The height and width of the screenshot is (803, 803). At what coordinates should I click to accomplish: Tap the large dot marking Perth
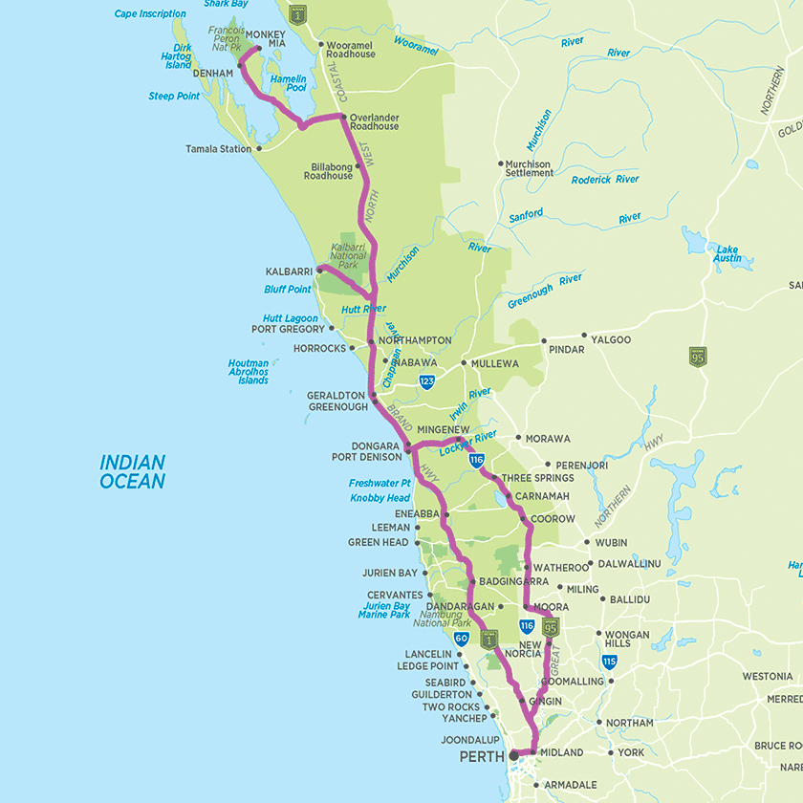(513, 755)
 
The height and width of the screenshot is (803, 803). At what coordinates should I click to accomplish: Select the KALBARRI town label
(289, 271)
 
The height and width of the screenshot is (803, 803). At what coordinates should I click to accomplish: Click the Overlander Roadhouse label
(374, 121)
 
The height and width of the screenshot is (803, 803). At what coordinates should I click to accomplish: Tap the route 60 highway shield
(461, 638)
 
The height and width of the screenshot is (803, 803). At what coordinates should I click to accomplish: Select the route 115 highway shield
(609, 662)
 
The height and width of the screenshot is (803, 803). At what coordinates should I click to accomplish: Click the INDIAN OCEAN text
(133, 472)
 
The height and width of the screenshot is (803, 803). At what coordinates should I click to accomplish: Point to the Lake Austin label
(727, 252)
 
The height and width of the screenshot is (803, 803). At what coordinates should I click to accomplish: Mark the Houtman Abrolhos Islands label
(248, 372)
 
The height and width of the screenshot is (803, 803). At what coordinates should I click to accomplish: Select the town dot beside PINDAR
(543, 340)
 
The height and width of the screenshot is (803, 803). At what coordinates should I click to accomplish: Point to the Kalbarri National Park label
(348, 255)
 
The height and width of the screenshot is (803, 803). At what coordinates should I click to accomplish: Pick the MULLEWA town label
(494, 363)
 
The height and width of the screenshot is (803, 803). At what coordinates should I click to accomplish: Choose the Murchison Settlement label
(528, 169)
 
